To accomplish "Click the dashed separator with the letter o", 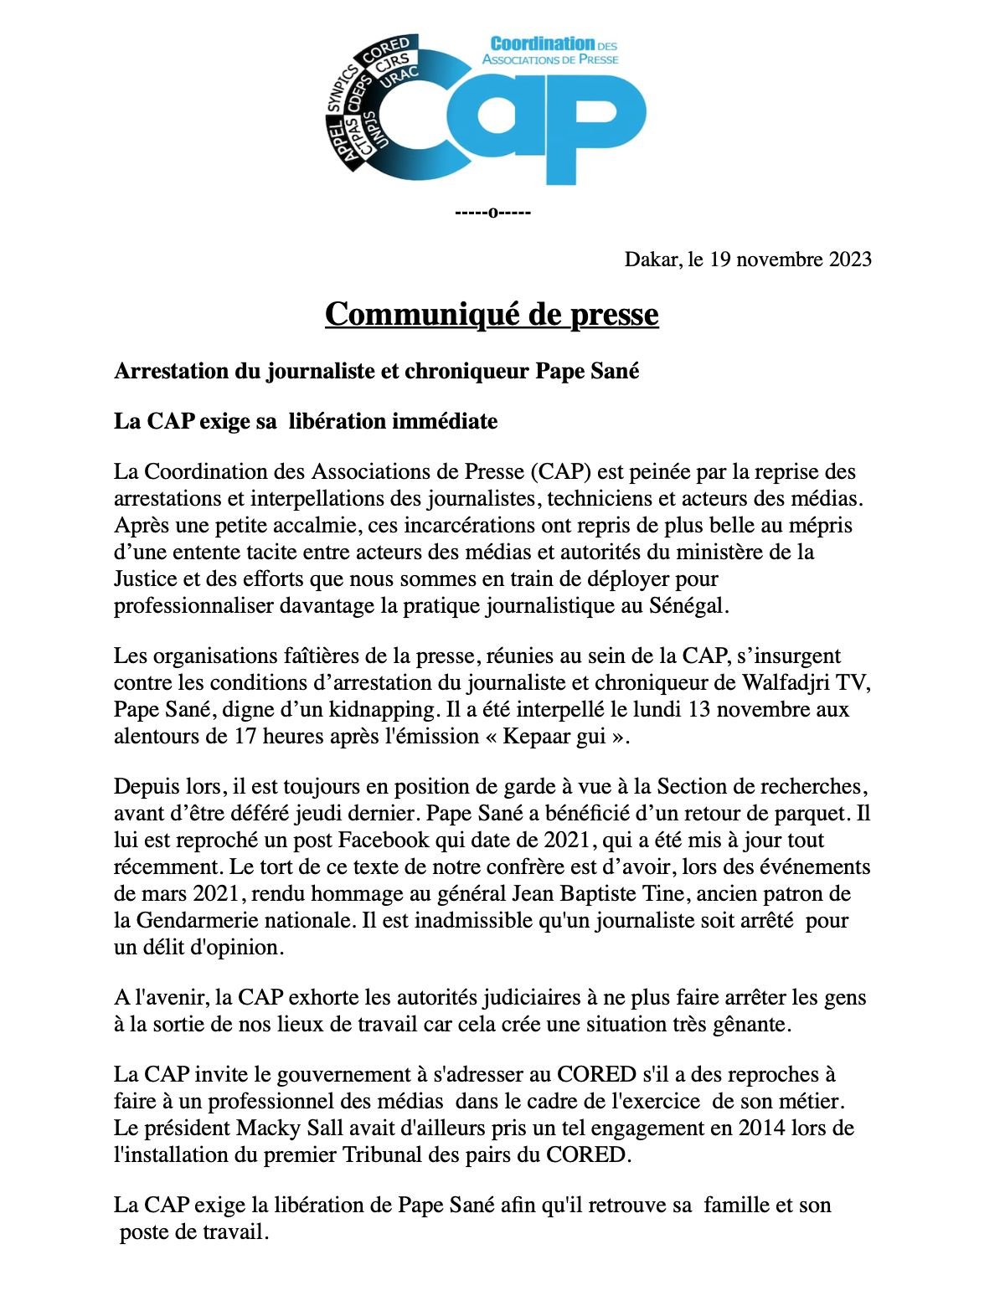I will [492, 212].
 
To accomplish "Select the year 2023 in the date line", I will [850, 260].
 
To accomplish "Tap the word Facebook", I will [383, 841].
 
